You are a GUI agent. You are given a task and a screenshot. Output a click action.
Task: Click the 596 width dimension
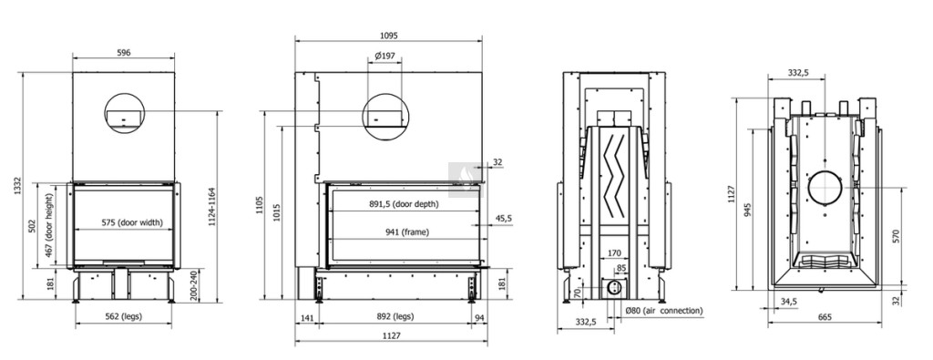tap(124, 52)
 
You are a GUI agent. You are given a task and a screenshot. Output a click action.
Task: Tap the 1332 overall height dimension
tap(18, 185)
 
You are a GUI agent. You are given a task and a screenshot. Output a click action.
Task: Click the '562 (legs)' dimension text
tap(123, 316)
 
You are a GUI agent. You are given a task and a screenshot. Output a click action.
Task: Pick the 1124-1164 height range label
tap(212, 207)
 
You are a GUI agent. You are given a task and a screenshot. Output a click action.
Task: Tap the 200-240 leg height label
tap(193, 285)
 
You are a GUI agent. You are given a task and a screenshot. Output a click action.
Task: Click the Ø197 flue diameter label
tap(385, 56)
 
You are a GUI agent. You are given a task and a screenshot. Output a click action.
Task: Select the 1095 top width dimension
tap(388, 36)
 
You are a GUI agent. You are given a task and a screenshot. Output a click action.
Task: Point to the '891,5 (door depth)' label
tap(404, 203)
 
